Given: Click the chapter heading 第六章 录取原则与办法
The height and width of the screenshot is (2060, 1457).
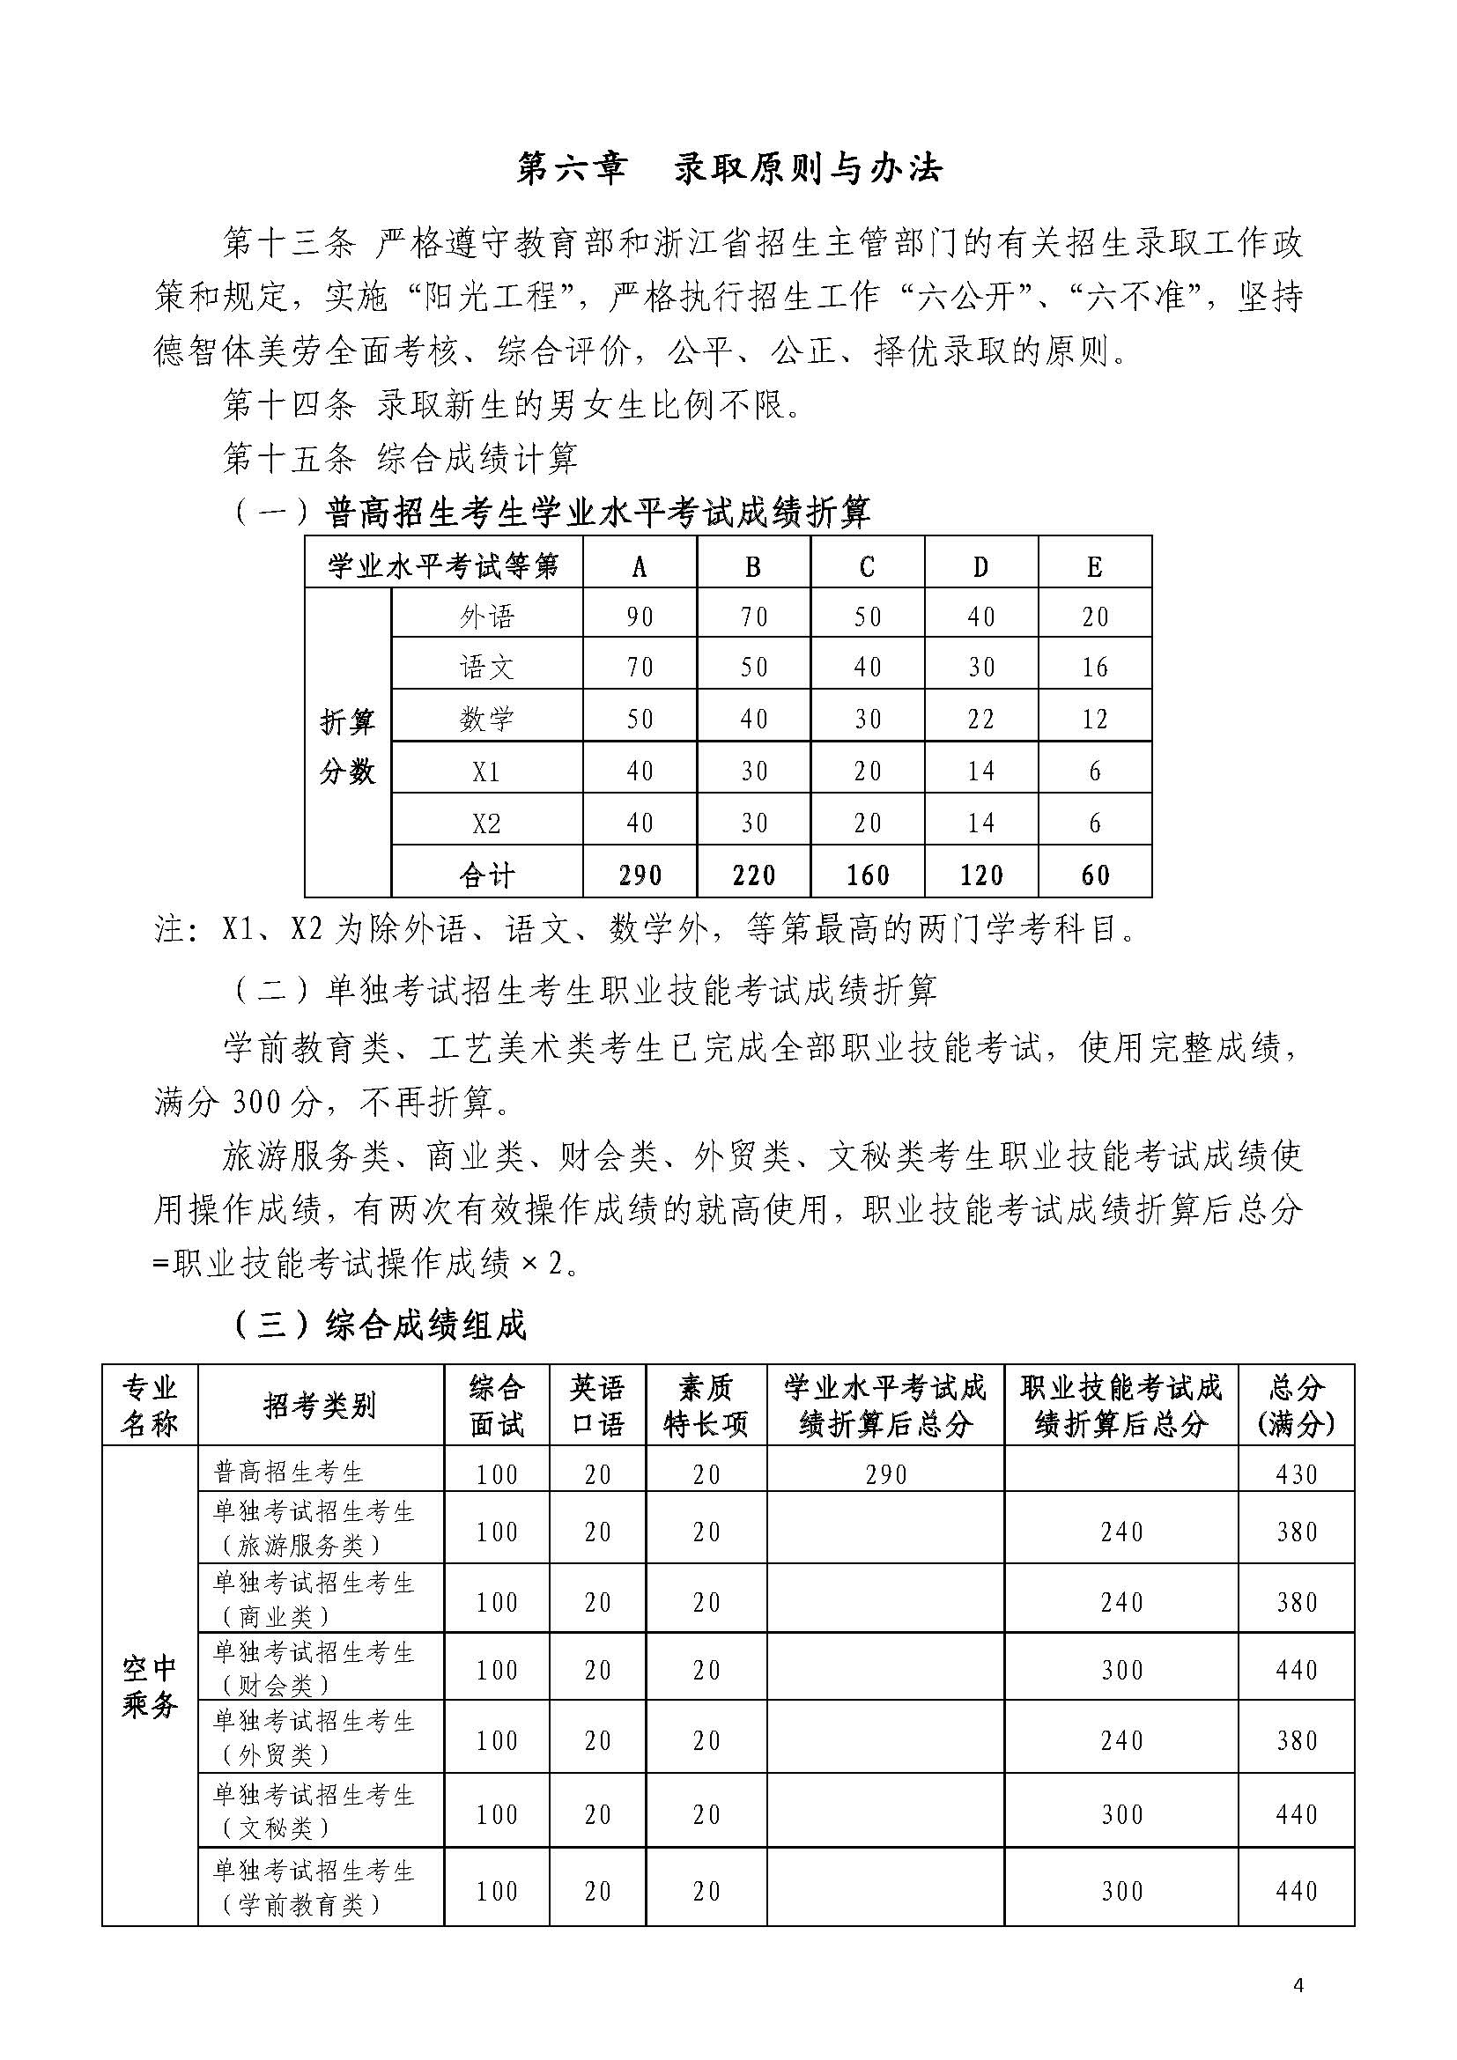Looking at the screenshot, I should (x=728, y=168).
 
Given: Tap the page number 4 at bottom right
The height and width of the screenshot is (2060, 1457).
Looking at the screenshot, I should (x=1298, y=1984).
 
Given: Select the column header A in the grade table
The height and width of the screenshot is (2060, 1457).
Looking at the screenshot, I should (x=640, y=566).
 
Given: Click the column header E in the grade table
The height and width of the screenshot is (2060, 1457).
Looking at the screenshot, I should (x=1095, y=566).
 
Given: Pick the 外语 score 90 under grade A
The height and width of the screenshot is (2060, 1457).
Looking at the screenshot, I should (x=640, y=617).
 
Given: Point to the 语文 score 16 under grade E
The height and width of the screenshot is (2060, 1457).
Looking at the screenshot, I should (x=1095, y=668).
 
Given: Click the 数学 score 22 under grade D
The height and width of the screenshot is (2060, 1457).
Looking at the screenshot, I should (x=980, y=720).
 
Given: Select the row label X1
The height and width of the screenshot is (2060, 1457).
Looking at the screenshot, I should (x=486, y=772).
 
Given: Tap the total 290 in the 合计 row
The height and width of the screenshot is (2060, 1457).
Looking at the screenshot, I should (x=640, y=875).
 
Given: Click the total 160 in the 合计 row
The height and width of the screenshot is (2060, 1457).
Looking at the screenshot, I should (x=868, y=875).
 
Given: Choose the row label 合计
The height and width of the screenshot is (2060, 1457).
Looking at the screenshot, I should (x=486, y=875).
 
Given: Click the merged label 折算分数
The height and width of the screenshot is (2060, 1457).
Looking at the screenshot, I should (x=347, y=746).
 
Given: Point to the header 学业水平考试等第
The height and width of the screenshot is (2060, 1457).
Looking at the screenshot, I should (x=443, y=566).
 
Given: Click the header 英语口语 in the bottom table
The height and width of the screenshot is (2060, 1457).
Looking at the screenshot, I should (x=597, y=1405).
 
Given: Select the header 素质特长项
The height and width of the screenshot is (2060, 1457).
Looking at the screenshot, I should (x=706, y=1405).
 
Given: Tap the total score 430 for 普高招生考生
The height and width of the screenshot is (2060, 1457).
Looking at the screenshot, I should (x=1297, y=1474).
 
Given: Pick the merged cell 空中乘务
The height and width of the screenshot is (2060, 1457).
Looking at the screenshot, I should (x=150, y=1686).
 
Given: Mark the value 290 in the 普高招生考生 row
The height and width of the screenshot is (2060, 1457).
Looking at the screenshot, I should (x=885, y=1474).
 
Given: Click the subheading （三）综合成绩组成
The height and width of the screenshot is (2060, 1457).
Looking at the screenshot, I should (x=381, y=1325).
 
